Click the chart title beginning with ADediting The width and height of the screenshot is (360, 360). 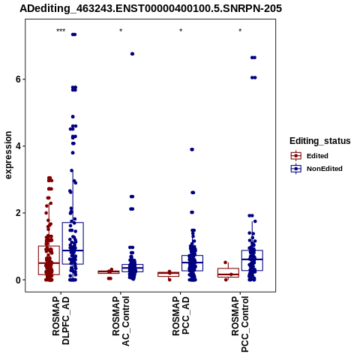tap(151, 8)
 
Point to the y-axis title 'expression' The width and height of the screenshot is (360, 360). tap(8, 155)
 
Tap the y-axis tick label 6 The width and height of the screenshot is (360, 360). tap(18, 79)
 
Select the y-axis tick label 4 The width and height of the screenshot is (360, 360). tap(18, 146)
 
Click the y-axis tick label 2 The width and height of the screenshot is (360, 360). tap(18, 213)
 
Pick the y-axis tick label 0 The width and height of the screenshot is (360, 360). tap(18, 280)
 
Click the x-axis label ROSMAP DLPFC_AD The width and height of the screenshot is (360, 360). tap(61, 320)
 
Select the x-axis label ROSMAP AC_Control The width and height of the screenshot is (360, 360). tap(121, 321)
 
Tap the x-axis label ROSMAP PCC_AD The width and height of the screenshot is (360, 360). tap(181, 316)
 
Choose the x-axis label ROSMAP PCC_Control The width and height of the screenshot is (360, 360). tap(240, 324)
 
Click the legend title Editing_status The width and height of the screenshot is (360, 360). tap(320, 141)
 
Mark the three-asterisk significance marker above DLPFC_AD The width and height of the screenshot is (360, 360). tap(61, 31)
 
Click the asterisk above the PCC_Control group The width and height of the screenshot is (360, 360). tap(240, 31)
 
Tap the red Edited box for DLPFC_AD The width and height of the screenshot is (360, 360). tap(49, 260)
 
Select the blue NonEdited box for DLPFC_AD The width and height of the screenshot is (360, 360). tap(73, 243)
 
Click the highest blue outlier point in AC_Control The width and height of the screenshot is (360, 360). tap(132, 54)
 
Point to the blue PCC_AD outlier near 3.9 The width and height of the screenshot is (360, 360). tap(192, 149)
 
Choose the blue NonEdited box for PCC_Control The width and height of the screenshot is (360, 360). tap(252, 260)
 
